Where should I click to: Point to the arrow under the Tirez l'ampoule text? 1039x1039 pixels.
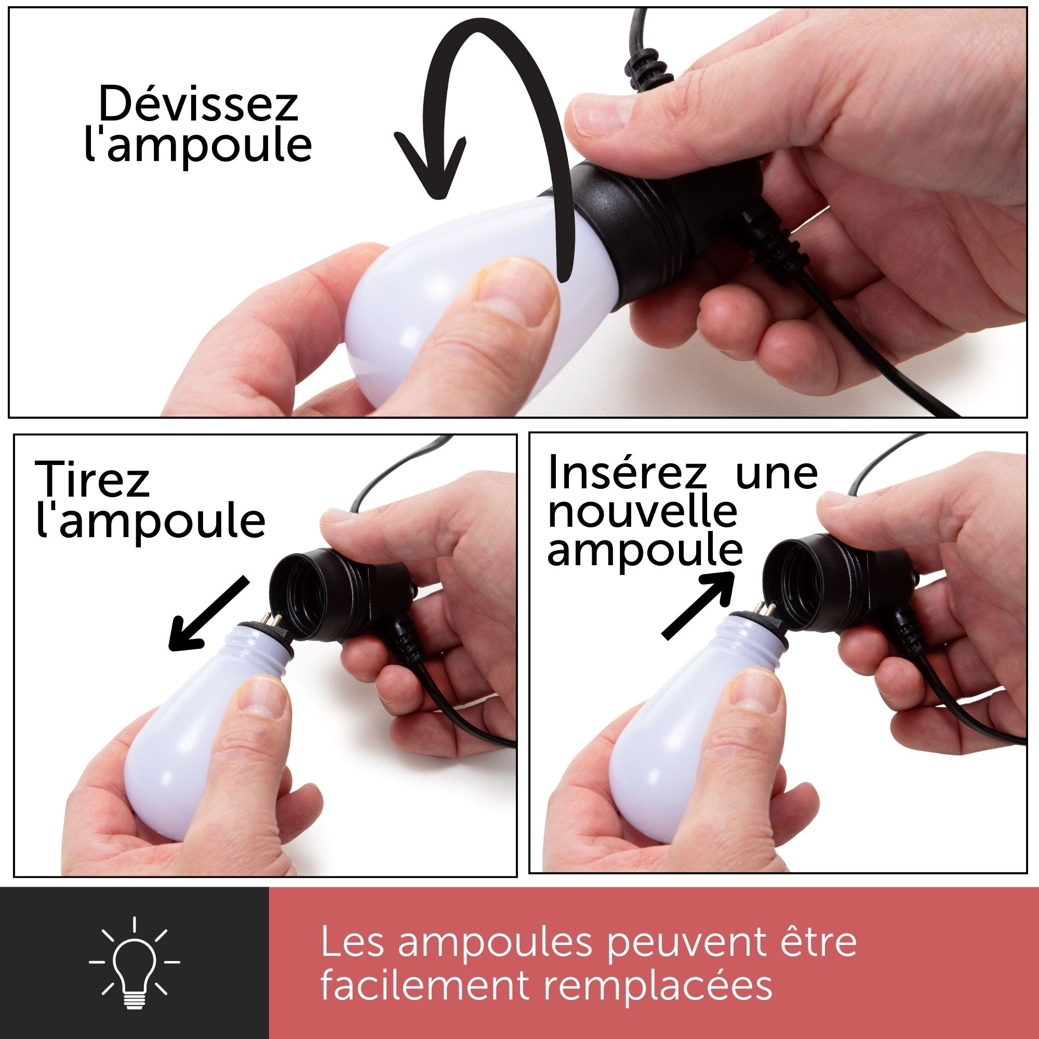click(x=209, y=614)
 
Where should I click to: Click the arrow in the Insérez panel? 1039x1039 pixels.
click(x=698, y=605)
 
